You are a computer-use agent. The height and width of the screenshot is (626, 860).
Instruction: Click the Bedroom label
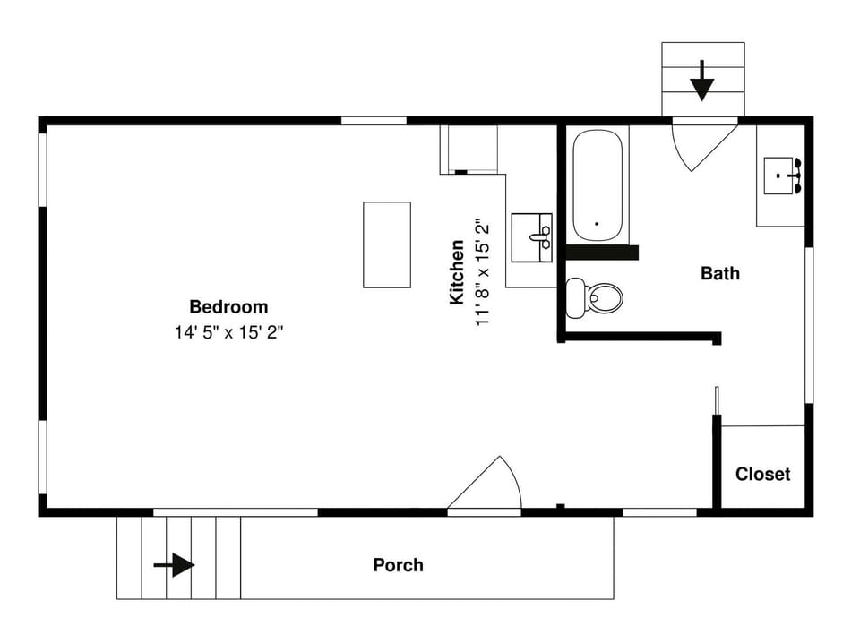pyautogui.click(x=228, y=307)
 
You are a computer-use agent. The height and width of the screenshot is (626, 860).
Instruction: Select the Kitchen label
pyautogui.click(x=457, y=272)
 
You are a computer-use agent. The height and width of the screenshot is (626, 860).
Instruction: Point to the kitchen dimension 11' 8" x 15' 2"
pyautogui.click(x=484, y=272)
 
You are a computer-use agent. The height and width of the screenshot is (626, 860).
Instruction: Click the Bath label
pyautogui.click(x=720, y=273)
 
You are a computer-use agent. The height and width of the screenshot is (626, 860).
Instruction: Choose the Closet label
pyautogui.click(x=762, y=474)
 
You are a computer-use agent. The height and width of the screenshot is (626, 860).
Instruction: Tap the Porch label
pyautogui.click(x=398, y=565)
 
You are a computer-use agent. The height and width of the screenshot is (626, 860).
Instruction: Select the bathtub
pyautogui.click(x=598, y=185)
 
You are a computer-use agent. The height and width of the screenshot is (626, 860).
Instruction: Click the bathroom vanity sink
pyautogui.click(x=781, y=176)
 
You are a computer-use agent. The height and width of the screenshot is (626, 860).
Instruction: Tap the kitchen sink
pyautogui.click(x=531, y=237)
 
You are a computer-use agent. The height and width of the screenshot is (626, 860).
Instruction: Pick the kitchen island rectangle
pyautogui.click(x=387, y=244)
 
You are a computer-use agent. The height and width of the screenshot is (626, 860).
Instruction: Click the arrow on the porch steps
pyautogui.click(x=175, y=565)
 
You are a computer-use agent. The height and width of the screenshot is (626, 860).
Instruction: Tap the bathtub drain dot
pyautogui.click(x=597, y=224)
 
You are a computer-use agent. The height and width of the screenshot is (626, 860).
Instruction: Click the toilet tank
pyautogui.click(x=575, y=297)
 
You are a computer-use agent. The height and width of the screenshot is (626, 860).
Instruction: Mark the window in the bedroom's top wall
pyautogui.click(x=374, y=121)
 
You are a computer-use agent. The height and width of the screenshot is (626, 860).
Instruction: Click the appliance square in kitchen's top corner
pyautogui.click(x=469, y=149)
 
